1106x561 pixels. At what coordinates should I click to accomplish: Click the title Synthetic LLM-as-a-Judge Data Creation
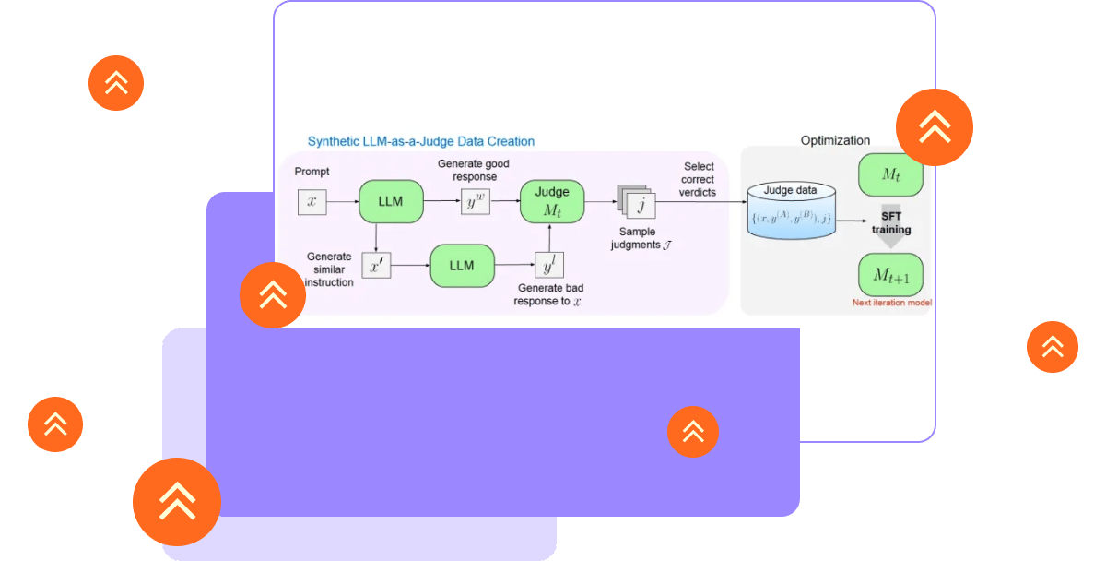(x=420, y=141)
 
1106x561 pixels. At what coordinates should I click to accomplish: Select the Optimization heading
(x=835, y=140)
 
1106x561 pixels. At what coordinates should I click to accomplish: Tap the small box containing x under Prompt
(x=312, y=200)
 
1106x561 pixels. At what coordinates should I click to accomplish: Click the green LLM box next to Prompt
(x=390, y=201)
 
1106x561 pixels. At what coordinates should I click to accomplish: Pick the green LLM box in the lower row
(x=461, y=265)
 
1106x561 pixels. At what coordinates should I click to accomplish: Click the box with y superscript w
(x=475, y=200)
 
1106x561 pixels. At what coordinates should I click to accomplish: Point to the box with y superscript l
(x=549, y=266)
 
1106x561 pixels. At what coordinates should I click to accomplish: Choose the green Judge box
(x=552, y=201)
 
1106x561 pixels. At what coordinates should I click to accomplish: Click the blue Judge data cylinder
(x=792, y=213)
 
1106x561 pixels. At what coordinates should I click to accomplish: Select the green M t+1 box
(x=889, y=274)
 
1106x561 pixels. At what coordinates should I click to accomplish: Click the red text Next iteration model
(x=891, y=303)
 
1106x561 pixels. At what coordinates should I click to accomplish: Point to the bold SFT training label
(x=891, y=222)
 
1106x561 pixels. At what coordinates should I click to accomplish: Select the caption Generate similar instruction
(x=328, y=269)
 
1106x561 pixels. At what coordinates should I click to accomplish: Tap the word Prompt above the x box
(x=312, y=172)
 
